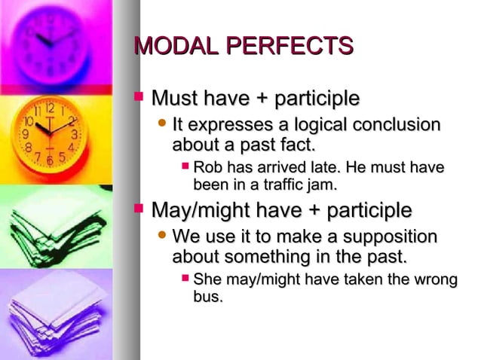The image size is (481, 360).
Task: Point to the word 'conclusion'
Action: (400, 124)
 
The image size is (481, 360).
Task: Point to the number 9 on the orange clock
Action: (25, 136)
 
